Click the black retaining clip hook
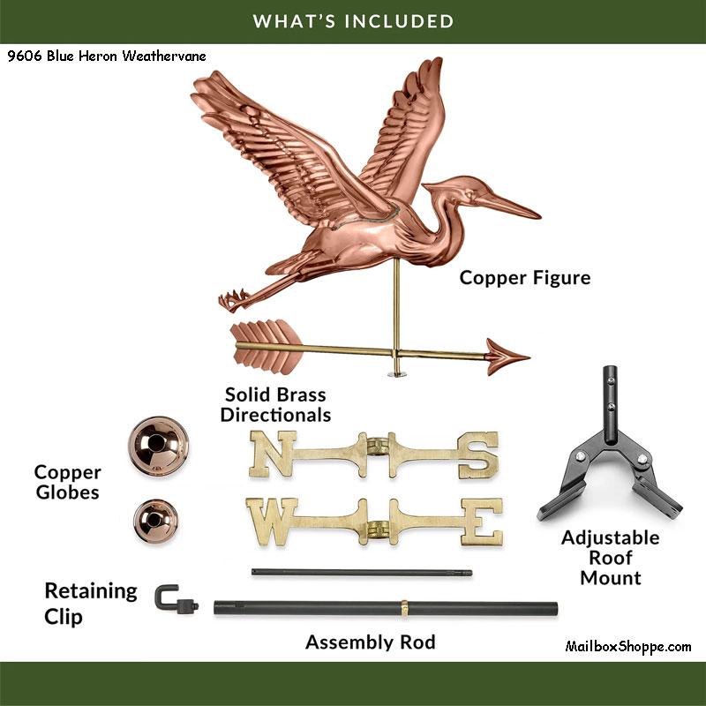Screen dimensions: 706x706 pyautogui.click(x=168, y=600)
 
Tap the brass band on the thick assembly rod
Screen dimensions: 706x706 pyautogui.click(x=404, y=608)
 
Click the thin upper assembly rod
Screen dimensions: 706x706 pyautogui.click(x=362, y=572)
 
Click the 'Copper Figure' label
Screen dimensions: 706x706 pyautogui.click(x=524, y=278)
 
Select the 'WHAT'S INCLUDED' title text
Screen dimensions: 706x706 pyautogui.click(x=353, y=20)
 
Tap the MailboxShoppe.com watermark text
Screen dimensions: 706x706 pyautogui.click(x=627, y=647)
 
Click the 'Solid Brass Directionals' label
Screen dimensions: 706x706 pyautogui.click(x=275, y=404)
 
